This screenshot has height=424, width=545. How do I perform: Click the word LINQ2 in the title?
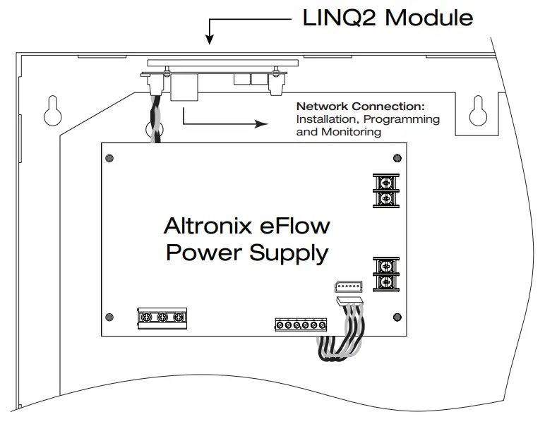click(340, 18)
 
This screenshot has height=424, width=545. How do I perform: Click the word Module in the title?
click(429, 18)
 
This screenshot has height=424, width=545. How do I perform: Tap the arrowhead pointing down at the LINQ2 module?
click(209, 40)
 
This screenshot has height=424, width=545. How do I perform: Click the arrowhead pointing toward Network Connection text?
click(261, 123)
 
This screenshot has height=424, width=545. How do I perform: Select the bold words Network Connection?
click(361, 107)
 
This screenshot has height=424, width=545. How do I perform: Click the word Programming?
click(402, 120)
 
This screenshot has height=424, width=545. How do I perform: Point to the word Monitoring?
click(351, 132)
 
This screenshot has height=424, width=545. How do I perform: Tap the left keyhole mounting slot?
click(53, 111)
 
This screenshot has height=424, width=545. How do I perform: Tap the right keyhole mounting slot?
click(478, 111)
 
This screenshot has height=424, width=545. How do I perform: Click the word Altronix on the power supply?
click(208, 226)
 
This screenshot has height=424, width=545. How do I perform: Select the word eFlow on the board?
click(295, 226)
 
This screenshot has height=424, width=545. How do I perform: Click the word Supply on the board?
click(289, 253)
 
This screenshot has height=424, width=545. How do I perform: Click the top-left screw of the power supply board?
click(109, 158)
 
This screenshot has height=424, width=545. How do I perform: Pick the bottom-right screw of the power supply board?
click(397, 317)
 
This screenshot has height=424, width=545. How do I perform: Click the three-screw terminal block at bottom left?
click(162, 318)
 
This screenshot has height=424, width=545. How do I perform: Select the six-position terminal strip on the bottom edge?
click(301, 325)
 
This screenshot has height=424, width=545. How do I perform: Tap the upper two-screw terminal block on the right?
click(386, 191)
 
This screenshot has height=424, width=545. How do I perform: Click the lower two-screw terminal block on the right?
click(386, 274)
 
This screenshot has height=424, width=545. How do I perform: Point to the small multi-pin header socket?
click(348, 286)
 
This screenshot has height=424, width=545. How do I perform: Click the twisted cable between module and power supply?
click(155, 120)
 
